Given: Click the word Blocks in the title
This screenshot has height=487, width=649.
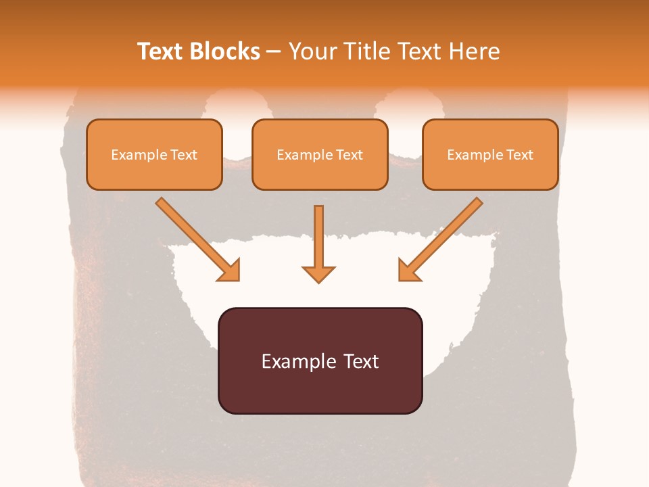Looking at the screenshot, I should coord(226,51).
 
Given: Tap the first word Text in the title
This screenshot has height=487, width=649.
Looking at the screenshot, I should coord(162,51).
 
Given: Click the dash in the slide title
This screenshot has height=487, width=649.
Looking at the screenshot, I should coord(274,52).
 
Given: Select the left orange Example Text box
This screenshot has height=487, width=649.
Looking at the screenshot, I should coord(154,154).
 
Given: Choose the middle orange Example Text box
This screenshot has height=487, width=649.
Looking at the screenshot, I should coord(320,154).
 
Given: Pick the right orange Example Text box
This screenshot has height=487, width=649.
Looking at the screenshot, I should coord(490,154).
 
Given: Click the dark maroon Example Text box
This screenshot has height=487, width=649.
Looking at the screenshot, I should coord(320,361).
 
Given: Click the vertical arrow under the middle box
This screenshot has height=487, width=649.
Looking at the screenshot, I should coord(318,240).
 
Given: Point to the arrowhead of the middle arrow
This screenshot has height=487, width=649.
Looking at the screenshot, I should coord(318,273).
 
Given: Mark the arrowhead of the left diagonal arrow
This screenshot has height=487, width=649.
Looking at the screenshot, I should coord(231,271).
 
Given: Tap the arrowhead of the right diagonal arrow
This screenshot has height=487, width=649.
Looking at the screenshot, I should coord(408,271).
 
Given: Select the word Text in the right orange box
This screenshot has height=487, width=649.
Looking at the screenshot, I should coord(519,154).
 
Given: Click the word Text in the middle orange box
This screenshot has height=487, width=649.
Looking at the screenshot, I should coord(349,154).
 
